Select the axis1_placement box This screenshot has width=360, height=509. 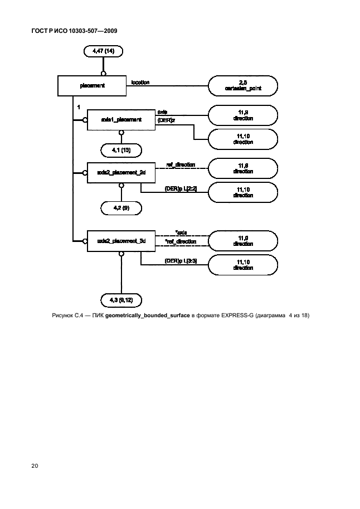(120, 119)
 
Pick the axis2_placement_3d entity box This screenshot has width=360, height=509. (120, 241)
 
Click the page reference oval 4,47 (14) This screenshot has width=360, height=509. (103, 52)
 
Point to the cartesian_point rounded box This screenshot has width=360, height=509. (242, 86)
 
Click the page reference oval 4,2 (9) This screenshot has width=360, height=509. (121, 208)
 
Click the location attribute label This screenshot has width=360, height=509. (140, 83)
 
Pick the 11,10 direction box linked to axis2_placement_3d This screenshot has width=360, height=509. (242, 264)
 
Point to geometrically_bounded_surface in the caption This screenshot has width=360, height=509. (147, 316)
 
